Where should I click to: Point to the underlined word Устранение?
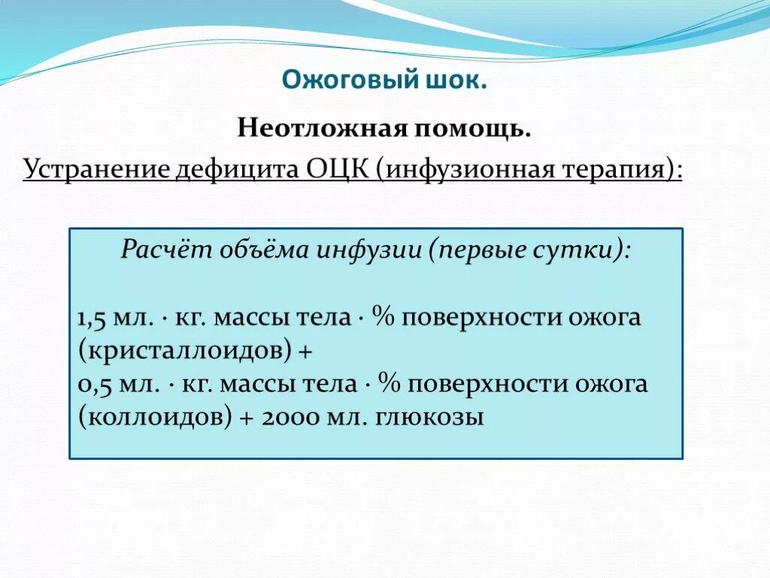coord(95,169)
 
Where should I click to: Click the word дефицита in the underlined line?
coord(238,169)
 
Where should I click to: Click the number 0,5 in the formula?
coord(92,385)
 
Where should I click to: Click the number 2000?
coord(294,418)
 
